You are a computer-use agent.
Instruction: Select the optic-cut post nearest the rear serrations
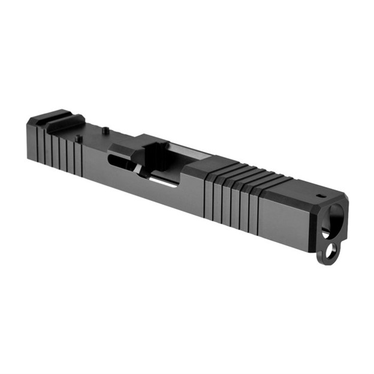point(79,139)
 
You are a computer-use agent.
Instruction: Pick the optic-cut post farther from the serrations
point(105,129)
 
